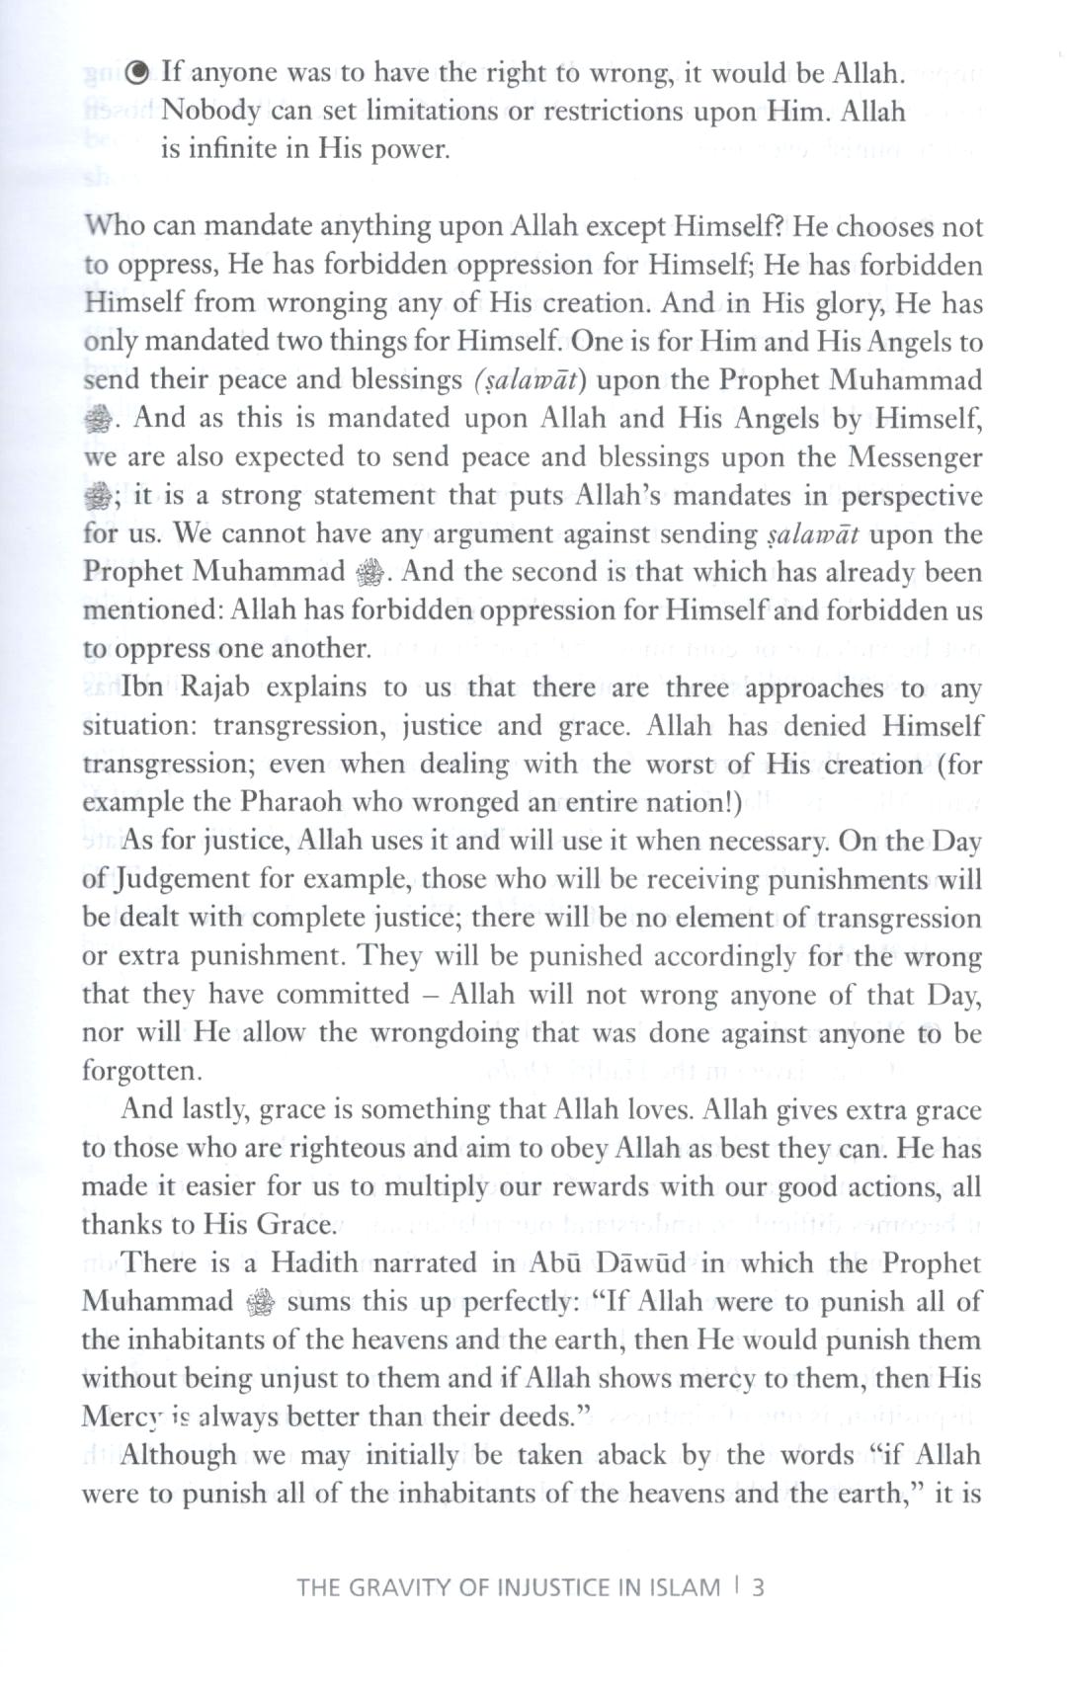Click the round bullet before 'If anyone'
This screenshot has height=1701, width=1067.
point(140,72)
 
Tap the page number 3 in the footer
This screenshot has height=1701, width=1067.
point(759,1586)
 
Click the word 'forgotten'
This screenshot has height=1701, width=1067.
point(138,1072)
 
